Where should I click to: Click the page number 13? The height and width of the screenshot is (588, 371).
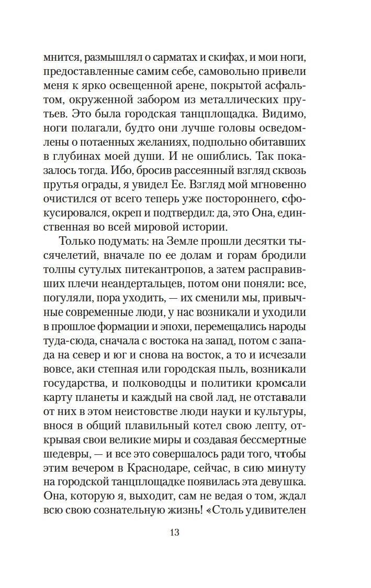tap(175, 532)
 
